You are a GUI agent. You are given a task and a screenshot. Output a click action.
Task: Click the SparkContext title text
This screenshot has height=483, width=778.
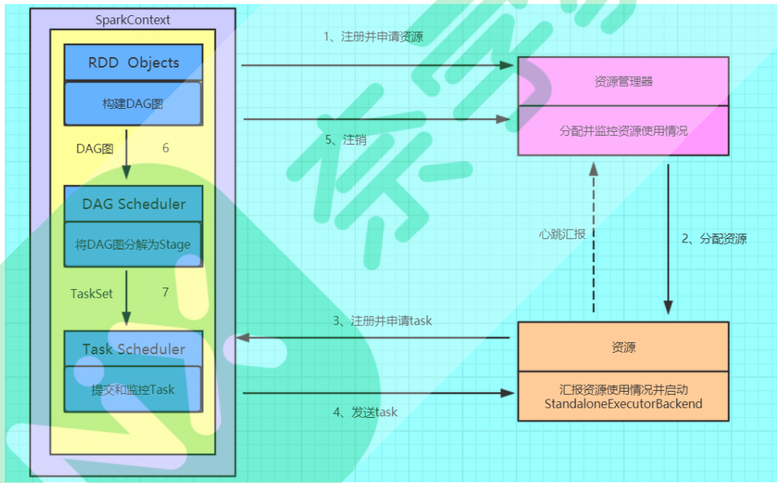[x=133, y=20]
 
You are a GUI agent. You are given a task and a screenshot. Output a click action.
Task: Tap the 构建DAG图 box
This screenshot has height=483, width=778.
[x=133, y=104]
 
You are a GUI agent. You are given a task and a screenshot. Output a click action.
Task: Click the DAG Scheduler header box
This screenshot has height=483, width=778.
[x=133, y=204]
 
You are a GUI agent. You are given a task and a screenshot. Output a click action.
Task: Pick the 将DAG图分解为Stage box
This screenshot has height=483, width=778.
[x=133, y=245]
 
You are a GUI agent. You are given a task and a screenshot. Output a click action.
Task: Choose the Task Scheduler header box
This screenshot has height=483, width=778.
[x=133, y=350]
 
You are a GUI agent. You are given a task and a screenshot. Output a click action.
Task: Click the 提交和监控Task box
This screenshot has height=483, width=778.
[x=133, y=389]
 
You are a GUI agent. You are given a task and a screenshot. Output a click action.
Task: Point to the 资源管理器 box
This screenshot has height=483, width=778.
[x=623, y=81]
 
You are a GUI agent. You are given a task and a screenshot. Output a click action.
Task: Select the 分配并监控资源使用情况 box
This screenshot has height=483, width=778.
[x=623, y=130]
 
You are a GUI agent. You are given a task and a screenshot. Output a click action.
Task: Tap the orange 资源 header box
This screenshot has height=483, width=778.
[x=623, y=347]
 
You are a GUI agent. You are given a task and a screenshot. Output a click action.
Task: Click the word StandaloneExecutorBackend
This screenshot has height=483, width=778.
[x=623, y=404]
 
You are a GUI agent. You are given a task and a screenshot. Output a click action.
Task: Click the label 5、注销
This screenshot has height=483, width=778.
[x=346, y=140]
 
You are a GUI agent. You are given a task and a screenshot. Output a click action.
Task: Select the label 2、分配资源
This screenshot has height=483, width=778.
[x=714, y=238]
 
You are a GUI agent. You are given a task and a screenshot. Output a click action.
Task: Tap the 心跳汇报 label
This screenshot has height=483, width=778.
[x=561, y=234]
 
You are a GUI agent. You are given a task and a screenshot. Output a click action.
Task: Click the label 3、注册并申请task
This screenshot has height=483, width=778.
[x=382, y=322]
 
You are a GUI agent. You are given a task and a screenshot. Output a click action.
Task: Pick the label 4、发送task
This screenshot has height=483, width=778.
[x=365, y=412]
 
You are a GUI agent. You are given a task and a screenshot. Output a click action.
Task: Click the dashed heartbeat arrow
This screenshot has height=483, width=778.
[x=593, y=238]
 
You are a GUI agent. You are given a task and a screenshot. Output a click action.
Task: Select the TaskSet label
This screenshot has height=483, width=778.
[x=92, y=293]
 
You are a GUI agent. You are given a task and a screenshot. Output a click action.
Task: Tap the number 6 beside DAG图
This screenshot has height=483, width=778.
[x=165, y=149]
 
